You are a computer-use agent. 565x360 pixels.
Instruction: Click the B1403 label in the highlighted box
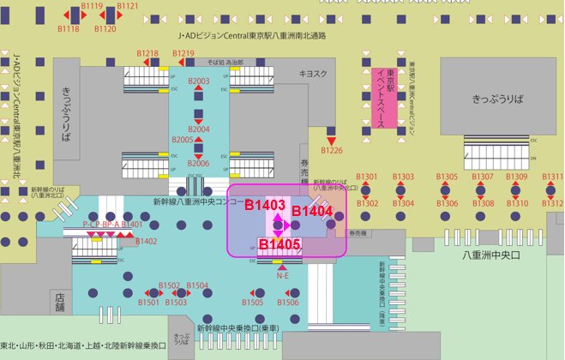(x=265, y=206)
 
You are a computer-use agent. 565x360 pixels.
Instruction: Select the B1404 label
(x=312, y=211)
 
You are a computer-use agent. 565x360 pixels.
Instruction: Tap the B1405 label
(x=279, y=246)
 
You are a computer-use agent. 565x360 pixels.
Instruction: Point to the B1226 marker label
(x=332, y=151)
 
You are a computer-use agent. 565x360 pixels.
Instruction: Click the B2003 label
(x=198, y=81)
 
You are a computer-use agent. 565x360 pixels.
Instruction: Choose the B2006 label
(x=198, y=163)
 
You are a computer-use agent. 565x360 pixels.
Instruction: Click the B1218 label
(x=148, y=53)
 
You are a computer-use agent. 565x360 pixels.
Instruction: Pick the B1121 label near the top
(x=128, y=6)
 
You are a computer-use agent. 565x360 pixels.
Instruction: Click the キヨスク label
(x=313, y=74)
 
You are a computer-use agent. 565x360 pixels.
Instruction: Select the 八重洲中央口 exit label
(x=492, y=255)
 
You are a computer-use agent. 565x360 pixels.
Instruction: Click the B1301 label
(x=367, y=177)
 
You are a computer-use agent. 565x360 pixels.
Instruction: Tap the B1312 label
(x=553, y=204)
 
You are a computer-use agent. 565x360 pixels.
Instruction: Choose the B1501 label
(x=149, y=303)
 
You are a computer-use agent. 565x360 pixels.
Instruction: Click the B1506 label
(x=288, y=303)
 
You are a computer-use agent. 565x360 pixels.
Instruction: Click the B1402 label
(x=147, y=242)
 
